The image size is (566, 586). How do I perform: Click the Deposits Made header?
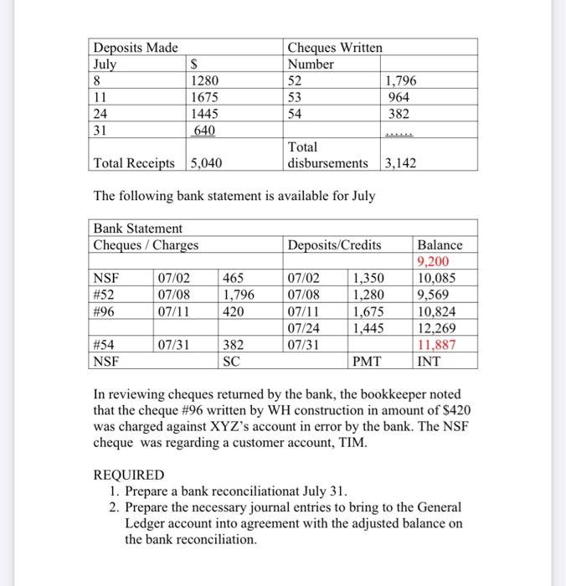135,48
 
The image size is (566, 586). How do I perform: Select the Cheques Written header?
334,48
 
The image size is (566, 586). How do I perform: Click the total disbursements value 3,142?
399,163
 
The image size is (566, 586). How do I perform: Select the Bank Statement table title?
137,229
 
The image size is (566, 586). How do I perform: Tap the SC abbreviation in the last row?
232,362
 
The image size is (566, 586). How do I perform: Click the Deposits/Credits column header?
334,245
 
